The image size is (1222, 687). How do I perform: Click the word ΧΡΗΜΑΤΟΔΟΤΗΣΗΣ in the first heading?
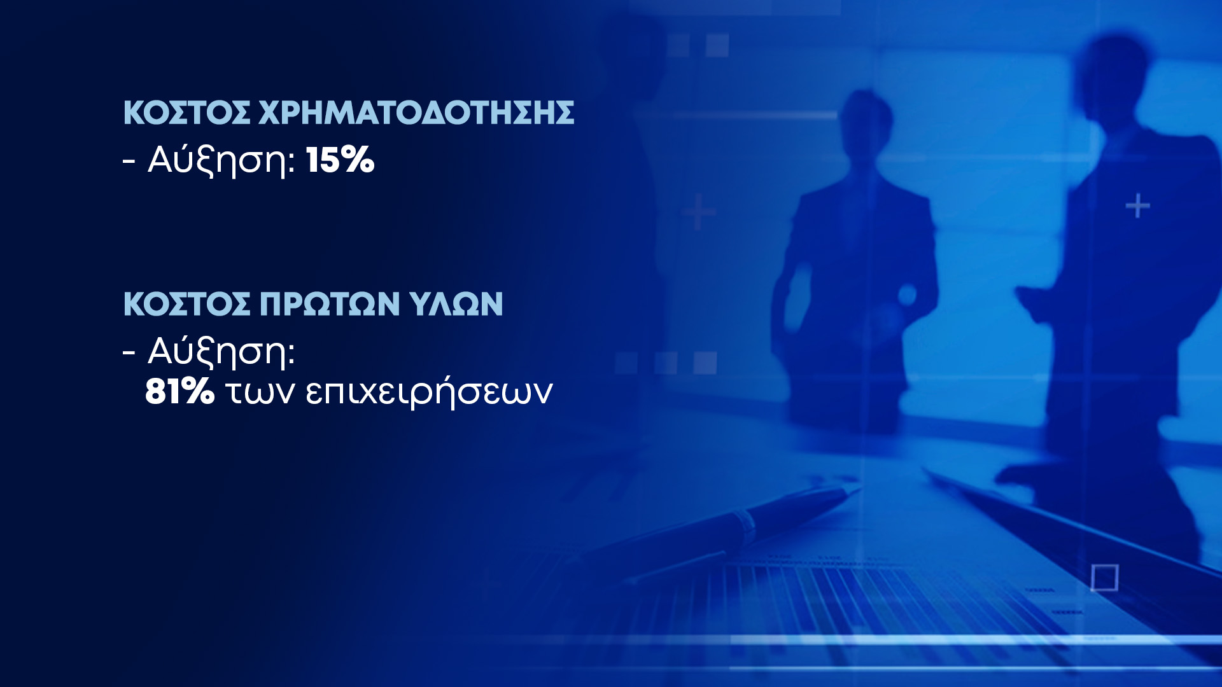point(416,113)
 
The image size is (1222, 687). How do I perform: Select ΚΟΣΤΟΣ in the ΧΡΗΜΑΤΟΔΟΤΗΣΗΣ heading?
point(186,113)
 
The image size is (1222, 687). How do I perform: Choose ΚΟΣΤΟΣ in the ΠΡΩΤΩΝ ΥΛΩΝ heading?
point(186,304)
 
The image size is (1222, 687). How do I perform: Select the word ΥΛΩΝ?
point(456,304)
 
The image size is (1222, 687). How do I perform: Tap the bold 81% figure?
point(179,391)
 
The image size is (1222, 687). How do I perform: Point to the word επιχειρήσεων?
point(429,392)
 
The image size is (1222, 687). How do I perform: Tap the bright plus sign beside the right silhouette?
point(1138,206)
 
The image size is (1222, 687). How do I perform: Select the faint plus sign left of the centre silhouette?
point(699,211)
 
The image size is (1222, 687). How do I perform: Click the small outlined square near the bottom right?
point(1104,578)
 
